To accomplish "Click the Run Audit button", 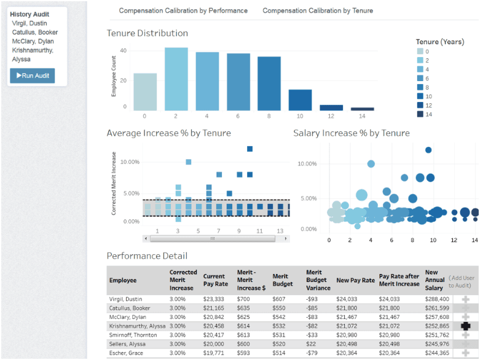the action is [33, 76].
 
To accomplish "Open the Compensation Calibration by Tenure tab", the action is [318, 11].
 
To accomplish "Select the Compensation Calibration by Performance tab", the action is [183, 11].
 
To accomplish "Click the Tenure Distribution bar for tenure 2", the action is [176, 79].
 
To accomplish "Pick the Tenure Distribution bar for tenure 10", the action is [300, 100].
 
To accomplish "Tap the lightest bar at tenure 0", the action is [145, 92].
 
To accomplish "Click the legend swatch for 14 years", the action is [420, 114].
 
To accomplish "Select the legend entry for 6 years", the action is [423, 79].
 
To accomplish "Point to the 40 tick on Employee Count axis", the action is [124, 50].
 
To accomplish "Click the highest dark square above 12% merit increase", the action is [250, 149].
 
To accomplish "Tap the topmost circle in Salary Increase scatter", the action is [428, 150].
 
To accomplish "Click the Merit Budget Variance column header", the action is [318, 280].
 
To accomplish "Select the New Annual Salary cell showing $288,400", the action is [437, 299].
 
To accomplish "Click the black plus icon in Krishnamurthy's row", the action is [465, 326].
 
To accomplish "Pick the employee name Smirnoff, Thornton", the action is [133, 335].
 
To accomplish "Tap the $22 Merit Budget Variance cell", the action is [311, 344].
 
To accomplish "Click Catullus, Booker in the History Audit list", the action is [35, 33].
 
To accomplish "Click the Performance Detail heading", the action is [147, 256].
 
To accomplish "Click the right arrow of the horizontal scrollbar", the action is [286, 238].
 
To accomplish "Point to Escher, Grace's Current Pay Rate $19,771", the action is [213, 353].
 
